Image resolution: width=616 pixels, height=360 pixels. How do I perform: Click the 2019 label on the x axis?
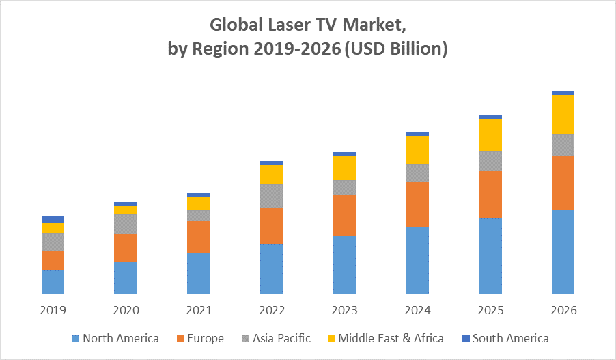(53, 310)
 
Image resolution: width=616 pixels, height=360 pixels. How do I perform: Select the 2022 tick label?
(272, 310)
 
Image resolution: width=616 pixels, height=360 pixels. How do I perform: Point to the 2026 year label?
(563, 310)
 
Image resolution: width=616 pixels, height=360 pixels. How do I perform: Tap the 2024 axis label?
(417, 310)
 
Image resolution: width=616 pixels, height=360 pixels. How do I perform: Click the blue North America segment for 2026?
(563, 251)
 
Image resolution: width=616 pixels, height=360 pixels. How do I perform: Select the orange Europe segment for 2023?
(344, 215)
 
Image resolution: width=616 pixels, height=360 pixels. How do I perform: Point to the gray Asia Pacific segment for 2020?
(126, 224)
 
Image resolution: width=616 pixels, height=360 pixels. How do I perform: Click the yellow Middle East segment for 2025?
(490, 135)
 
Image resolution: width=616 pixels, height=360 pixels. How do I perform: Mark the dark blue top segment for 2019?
(53, 219)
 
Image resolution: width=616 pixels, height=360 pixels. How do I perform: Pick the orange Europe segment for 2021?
(199, 236)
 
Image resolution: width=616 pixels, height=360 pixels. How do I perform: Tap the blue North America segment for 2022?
(272, 268)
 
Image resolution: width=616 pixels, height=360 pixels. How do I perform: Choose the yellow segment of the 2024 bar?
(417, 150)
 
